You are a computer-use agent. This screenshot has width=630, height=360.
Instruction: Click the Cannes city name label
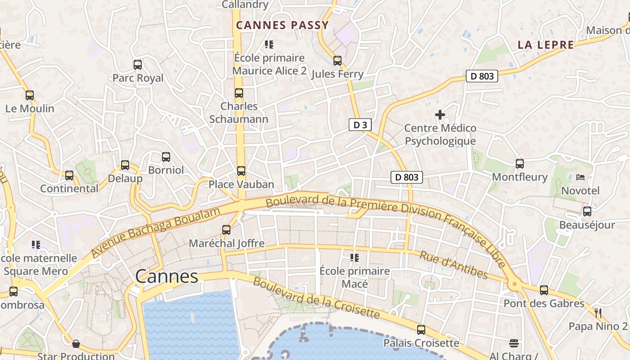tap(166, 276)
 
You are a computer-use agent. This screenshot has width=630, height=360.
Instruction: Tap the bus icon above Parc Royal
tap(138, 64)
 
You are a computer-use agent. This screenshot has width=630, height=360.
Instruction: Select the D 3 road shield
tap(360, 125)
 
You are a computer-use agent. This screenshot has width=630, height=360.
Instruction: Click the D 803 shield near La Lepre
tap(482, 76)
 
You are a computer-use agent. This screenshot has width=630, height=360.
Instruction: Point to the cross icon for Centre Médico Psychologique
tap(440, 115)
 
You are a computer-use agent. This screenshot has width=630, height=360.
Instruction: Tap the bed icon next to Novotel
tap(580, 177)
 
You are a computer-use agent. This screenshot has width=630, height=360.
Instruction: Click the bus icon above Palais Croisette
tap(421, 330)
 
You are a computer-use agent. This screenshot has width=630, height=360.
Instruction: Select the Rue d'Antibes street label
tap(454, 265)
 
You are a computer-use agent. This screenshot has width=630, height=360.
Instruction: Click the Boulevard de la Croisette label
tap(316, 298)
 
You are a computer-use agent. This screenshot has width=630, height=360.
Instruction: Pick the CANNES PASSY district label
tap(283, 25)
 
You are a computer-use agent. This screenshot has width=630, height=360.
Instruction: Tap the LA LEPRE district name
tap(546, 45)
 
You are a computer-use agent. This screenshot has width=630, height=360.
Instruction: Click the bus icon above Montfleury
tap(520, 164)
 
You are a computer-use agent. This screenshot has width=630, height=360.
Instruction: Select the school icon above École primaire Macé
tap(355, 258)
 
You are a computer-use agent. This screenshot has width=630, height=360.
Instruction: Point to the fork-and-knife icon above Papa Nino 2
tap(598, 313)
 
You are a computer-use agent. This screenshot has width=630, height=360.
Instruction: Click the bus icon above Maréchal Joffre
tap(226, 230)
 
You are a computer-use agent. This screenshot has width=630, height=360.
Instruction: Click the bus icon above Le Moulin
tap(30, 95)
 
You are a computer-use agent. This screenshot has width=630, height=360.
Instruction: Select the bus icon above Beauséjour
tap(587, 211)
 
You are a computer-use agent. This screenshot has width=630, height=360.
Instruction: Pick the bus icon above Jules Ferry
tap(337, 60)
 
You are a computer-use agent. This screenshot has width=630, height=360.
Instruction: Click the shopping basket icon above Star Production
tap(76, 344)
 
